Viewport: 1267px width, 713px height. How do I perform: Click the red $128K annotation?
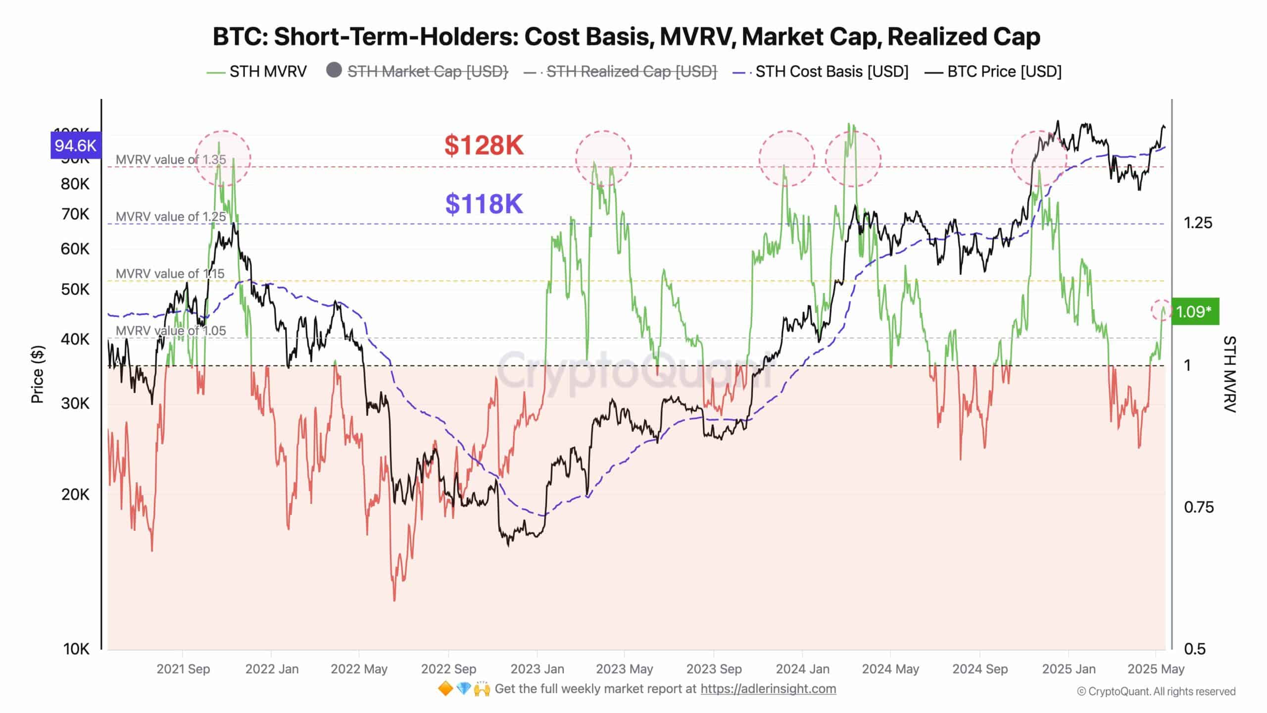click(484, 146)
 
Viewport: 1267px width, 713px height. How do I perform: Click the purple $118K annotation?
click(484, 204)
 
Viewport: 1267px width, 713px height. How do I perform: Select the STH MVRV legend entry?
click(257, 72)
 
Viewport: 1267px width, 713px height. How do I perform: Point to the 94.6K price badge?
click(76, 146)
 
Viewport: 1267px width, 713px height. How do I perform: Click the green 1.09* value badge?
click(1194, 311)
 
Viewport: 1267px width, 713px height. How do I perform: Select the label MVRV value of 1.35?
click(171, 159)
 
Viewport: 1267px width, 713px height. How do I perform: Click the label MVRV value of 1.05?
click(171, 330)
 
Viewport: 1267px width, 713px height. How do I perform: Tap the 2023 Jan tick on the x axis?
click(537, 669)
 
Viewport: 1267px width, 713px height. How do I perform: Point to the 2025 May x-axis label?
click(1156, 669)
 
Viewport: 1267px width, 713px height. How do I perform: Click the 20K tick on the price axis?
click(76, 494)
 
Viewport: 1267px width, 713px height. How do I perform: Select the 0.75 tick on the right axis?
click(1198, 507)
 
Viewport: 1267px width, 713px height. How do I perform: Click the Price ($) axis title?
click(38, 374)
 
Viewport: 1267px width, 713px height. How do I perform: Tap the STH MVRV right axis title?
click(1229, 374)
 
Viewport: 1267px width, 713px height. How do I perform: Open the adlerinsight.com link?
click(768, 689)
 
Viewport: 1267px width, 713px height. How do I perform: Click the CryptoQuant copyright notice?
click(1156, 692)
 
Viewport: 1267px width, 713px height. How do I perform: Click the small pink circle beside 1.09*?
click(1161, 310)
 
